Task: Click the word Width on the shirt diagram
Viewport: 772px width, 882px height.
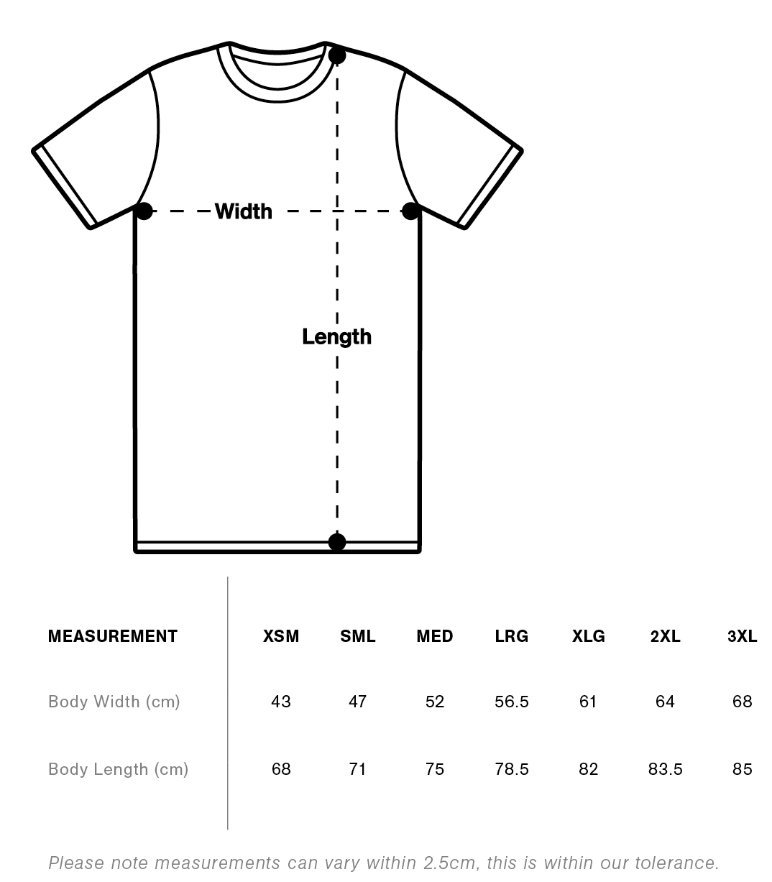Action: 244,211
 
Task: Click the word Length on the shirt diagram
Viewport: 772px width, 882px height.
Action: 336,336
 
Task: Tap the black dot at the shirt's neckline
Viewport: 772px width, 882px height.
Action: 336,55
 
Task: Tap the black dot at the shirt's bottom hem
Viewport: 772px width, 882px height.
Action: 336,542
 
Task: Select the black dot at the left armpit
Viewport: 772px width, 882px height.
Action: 144,211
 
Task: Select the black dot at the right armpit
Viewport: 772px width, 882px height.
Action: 410,211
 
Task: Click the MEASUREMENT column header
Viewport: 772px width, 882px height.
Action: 112,636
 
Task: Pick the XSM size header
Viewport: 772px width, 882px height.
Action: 281,636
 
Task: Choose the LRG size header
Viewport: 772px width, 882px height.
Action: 511,636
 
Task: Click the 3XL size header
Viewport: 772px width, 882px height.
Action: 742,636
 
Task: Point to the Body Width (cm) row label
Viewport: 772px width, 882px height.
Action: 114,702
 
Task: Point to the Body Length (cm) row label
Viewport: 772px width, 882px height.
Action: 118,769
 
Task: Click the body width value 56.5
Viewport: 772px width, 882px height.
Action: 511,702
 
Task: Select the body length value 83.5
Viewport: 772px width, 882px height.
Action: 665,769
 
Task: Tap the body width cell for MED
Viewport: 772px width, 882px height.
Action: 435,702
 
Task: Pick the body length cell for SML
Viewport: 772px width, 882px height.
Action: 357,769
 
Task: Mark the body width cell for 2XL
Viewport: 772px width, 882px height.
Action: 665,702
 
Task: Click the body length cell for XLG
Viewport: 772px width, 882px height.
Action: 588,769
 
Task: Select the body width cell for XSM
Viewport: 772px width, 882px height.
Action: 281,702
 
